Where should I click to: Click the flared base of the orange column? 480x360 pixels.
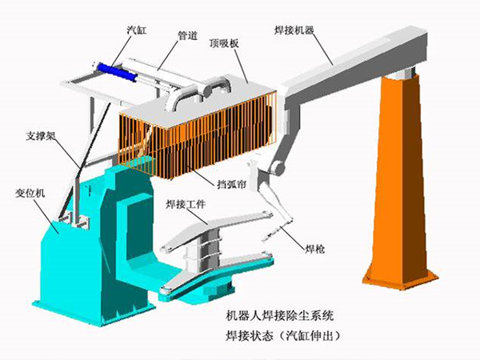pos(401,276)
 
